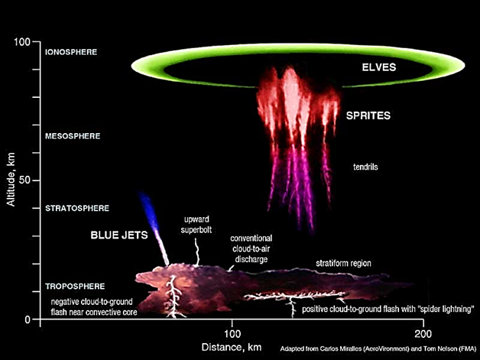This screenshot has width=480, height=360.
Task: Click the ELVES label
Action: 379,68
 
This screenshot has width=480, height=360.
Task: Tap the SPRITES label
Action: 369,116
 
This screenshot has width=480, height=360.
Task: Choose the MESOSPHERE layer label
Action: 73,137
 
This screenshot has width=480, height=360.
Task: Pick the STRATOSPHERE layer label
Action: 78,208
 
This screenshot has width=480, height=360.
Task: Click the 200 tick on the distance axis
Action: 424,334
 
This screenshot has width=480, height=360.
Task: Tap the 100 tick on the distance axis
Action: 232,334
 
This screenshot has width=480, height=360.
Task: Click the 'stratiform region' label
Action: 343,264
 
